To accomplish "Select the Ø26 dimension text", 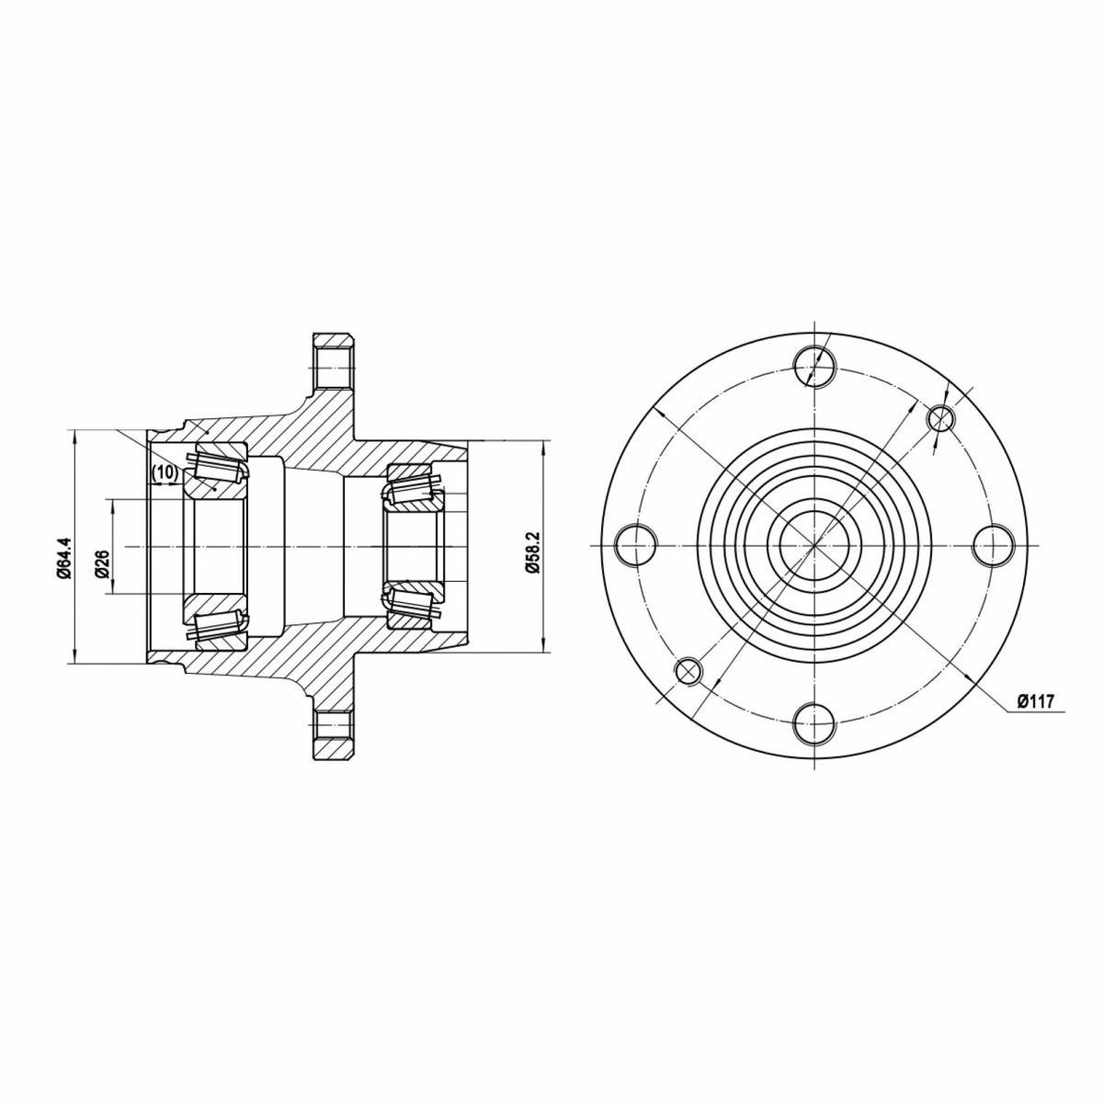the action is pos(102,563).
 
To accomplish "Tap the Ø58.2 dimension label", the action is pos(532,551).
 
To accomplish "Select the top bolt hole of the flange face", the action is pos(814,367).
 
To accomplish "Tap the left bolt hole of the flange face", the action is pos(635,545).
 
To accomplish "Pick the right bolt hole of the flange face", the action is pos(993,545).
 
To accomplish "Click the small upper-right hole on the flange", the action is pos(940,418).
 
